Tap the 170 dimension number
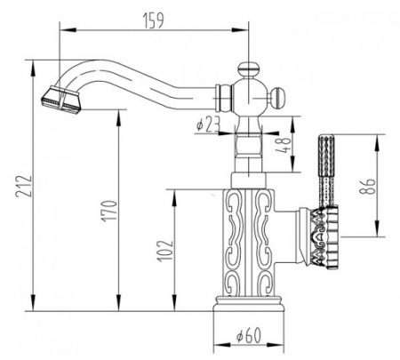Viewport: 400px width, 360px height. tap(105, 214)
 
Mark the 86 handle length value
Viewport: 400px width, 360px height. tap(369, 187)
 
